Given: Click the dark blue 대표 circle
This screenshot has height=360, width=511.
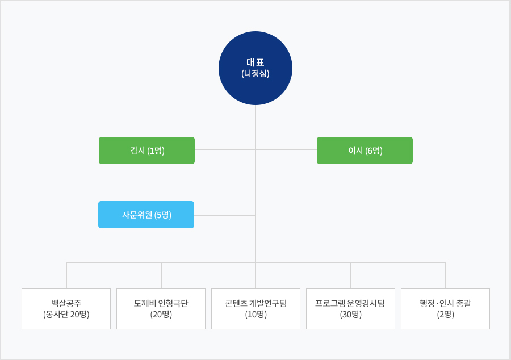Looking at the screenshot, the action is point(256,68).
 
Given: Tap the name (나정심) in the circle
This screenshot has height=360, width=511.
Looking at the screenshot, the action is point(256,74).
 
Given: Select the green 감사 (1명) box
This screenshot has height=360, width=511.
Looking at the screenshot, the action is point(146,150).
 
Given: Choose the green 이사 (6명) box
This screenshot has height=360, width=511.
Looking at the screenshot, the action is point(365,150).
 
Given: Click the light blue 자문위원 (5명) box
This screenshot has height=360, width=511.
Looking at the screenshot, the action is point(146,215).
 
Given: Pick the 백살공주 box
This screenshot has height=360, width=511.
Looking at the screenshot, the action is point(66,309).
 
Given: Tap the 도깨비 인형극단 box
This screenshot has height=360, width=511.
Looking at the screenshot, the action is point(161,309).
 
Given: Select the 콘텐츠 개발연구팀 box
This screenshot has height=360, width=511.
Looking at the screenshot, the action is point(256,309).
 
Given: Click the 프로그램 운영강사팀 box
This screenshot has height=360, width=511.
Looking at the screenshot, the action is point(350,309).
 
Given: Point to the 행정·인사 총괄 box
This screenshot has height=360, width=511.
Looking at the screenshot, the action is point(445,309).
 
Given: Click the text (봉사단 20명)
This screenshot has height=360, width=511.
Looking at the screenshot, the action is point(66,315).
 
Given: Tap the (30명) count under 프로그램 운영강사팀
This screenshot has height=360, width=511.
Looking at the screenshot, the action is point(351,315).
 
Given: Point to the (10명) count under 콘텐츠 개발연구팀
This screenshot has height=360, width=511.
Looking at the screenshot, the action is point(256,315).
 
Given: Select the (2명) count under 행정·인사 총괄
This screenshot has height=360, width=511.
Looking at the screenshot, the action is point(446,315).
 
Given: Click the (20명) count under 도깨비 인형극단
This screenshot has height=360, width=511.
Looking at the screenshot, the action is point(161,315).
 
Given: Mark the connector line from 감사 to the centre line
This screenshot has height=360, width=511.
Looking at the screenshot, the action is point(225,149).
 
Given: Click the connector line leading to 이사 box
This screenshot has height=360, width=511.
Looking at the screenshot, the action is point(286,149).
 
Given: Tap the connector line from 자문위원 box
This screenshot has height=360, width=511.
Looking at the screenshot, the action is point(224,216).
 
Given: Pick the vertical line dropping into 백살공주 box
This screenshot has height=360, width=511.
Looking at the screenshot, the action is point(66,275).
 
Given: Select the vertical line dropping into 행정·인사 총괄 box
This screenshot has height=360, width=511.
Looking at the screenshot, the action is point(446,275).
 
